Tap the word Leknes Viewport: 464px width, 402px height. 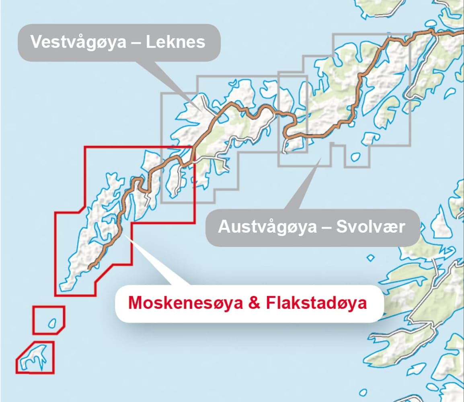pyautogui.click(x=175, y=42)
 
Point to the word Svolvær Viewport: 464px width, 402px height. pyautogui.click(x=370, y=227)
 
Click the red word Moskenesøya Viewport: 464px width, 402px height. pyautogui.click(x=185, y=303)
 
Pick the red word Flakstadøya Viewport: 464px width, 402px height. pyautogui.click(x=316, y=303)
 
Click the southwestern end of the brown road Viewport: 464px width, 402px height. pyautogui.click(x=89, y=267)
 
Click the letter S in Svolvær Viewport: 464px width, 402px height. pyautogui.click(x=341, y=227)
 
